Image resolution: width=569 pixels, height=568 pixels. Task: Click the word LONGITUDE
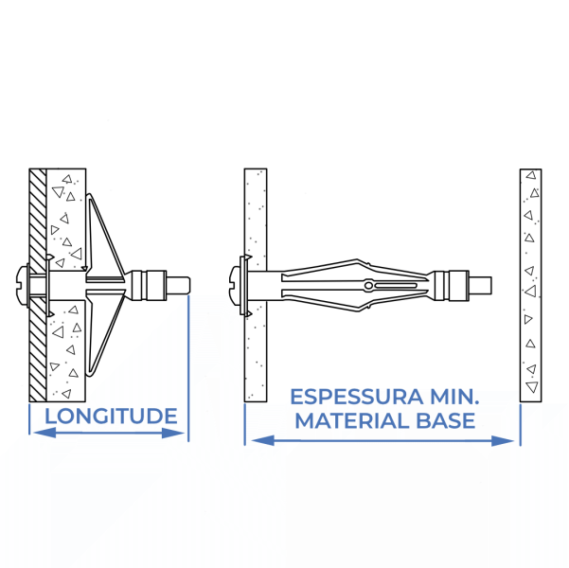coord(111,416)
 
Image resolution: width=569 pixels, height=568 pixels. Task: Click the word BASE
coord(446,420)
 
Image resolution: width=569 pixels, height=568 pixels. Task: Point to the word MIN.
coord(454,397)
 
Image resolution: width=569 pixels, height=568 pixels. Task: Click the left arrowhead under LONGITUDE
coord(44,433)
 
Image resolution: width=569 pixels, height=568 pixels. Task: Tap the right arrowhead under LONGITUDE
coord(172,433)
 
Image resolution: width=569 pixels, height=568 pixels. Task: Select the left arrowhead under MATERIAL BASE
coord(263,440)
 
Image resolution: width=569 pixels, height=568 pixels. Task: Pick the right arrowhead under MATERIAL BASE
coord(503,441)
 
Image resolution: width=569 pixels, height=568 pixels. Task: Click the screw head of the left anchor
coord(23,285)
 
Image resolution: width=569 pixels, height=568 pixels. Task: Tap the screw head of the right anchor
coord(235,285)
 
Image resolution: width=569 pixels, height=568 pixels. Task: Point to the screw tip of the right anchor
coord(480,285)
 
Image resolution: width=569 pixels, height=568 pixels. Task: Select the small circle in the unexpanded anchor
coord(368,285)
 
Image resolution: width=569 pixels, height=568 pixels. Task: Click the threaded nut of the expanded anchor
coord(149,285)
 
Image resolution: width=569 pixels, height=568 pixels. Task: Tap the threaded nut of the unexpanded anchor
coord(451,285)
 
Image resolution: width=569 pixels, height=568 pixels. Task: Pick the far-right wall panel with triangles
coord(530,285)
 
